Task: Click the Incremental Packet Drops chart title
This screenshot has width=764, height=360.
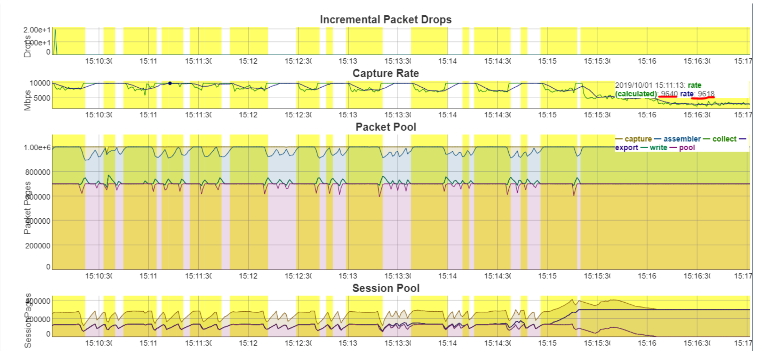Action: click(385, 19)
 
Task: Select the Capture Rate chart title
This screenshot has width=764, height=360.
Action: click(385, 73)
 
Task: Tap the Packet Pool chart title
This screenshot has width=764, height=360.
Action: click(385, 127)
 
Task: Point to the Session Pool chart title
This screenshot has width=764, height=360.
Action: click(385, 288)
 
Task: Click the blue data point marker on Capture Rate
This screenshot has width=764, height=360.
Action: click(170, 83)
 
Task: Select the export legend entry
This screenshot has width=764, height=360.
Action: click(626, 147)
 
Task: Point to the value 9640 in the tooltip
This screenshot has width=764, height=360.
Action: click(669, 94)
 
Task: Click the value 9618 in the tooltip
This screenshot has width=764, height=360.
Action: click(706, 94)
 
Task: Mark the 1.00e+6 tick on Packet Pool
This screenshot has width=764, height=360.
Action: click(37, 147)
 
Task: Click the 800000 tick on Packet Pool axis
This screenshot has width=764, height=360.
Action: click(38, 172)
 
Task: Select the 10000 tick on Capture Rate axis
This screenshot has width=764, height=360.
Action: click(40, 83)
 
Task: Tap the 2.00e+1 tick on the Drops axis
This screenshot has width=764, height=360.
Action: click(37, 30)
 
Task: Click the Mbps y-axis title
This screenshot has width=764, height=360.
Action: click(27, 101)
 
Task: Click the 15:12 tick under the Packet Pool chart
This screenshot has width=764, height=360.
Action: click(248, 276)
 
